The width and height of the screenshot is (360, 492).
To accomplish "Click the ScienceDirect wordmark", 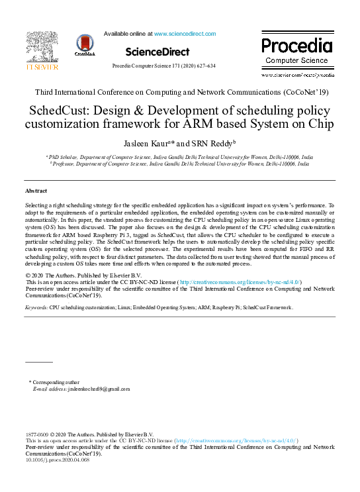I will pos(157,52).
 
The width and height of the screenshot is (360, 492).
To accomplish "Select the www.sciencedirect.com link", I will pos(185,34).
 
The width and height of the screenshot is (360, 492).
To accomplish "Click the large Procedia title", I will pos(296,46).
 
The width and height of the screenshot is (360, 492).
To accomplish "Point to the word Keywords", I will pos(36,308).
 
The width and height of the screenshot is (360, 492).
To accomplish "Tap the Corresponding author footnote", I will pos(56,382).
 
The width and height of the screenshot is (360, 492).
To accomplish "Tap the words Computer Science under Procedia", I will pos(296,61).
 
